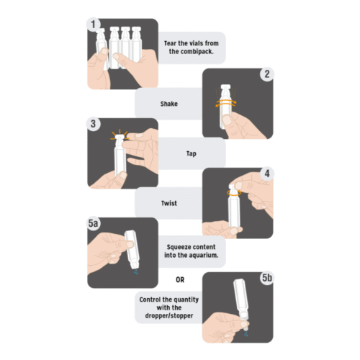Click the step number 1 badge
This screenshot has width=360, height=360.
(94, 24)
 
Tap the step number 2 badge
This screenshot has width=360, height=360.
(267, 74)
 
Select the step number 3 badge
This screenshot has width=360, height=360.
(94, 124)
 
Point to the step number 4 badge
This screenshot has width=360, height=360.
(267, 174)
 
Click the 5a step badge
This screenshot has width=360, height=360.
(94, 223)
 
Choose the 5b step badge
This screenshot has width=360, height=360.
(267, 278)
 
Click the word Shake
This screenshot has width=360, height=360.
(169, 104)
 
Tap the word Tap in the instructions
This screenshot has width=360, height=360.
(192, 153)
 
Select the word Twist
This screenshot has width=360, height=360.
(169, 203)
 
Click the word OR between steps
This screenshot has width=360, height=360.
(180, 280)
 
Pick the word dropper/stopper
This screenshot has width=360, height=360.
(169, 315)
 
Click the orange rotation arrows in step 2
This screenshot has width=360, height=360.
(226, 103)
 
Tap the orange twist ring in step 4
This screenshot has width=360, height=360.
(234, 193)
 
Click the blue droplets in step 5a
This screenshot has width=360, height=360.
(136, 272)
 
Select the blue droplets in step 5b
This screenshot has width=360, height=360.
(246, 334)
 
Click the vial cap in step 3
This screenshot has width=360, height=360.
(120, 137)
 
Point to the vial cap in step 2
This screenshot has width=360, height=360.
(225, 86)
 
